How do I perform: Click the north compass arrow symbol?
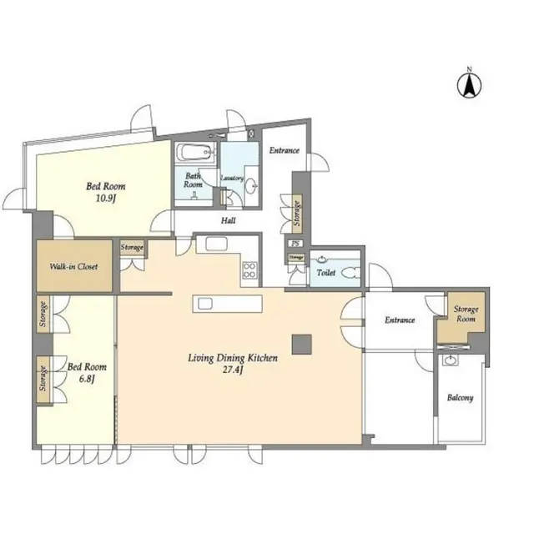pyautogui.click(x=470, y=83)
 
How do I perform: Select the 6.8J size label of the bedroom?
pyautogui.click(x=86, y=378)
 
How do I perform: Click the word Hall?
pyautogui.click(x=227, y=221)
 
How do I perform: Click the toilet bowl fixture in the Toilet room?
pyautogui.click(x=350, y=271)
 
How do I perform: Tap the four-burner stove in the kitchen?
pyautogui.click(x=249, y=270)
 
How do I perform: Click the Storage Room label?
pyautogui.click(x=466, y=314)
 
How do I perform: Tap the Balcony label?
pyautogui.click(x=460, y=397)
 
